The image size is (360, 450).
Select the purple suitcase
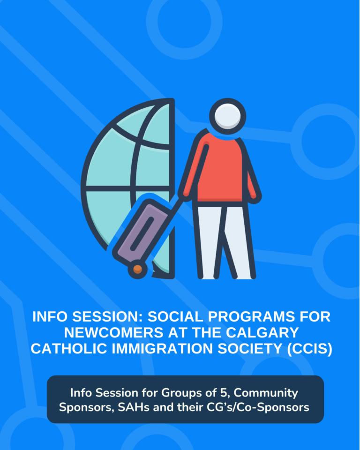141,230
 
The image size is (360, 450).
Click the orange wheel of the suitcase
138,269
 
